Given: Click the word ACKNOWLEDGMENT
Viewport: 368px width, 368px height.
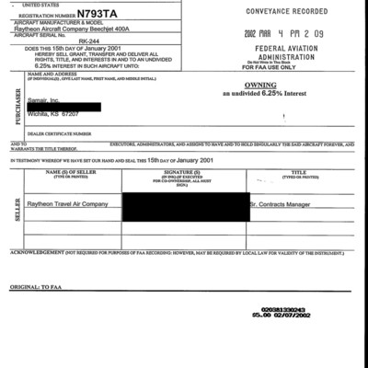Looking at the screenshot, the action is point(37,250).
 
